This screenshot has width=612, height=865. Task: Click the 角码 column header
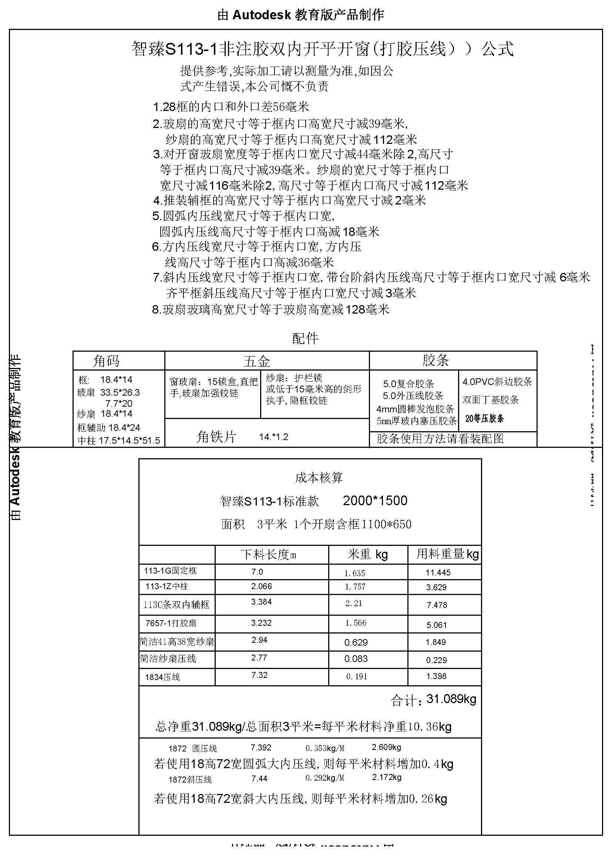pos(106,361)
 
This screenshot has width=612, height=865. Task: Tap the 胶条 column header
pos(435,360)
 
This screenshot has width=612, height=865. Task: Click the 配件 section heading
pos(305,338)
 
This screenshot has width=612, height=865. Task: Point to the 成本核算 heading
pos(319,478)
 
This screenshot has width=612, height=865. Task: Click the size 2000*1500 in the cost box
pos(374,500)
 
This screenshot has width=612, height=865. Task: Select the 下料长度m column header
pos(268,555)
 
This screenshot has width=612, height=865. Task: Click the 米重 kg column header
pos(367,554)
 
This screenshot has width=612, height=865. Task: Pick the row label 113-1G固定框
pos(170,571)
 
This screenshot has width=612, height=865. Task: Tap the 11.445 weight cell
pos(438,572)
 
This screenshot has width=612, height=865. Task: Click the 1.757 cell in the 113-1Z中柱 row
pos(355,587)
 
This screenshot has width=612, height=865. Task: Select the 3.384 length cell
pos(261,602)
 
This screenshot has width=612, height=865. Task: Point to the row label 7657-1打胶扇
pos(171,623)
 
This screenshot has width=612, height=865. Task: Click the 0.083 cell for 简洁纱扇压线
pos(356,659)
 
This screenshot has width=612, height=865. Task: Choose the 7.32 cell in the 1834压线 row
pos(259,675)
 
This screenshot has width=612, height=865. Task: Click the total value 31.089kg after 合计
pos(451,699)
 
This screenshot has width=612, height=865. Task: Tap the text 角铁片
pos(216,437)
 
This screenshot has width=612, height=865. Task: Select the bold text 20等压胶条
pos(484,419)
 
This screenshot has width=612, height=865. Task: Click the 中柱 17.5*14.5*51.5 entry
pos(119,440)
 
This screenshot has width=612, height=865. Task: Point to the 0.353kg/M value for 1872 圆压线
pos(325,748)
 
